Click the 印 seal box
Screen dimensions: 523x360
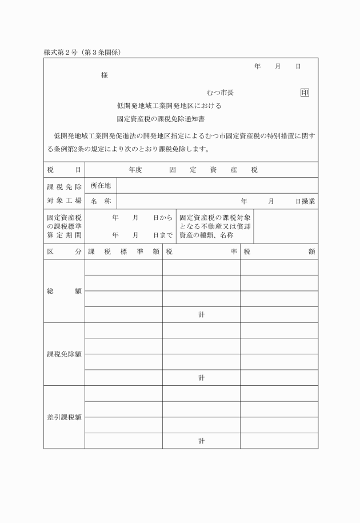click(x=305, y=92)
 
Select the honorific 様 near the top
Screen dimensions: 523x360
click(x=104, y=75)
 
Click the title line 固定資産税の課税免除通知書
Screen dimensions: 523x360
click(x=161, y=119)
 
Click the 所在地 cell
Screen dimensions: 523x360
click(x=101, y=185)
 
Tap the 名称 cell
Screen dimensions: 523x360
click(x=101, y=201)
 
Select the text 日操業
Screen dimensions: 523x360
click(x=305, y=201)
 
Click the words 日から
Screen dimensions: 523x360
click(x=163, y=218)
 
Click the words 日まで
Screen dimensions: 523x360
click(x=163, y=235)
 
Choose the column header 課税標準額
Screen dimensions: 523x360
click(x=123, y=251)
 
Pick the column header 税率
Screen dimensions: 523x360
click(x=201, y=251)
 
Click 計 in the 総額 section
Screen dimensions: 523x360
click(x=201, y=314)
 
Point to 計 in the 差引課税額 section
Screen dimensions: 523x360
click(x=201, y=441)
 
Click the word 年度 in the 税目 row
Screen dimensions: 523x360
click(x=135, y=170)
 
